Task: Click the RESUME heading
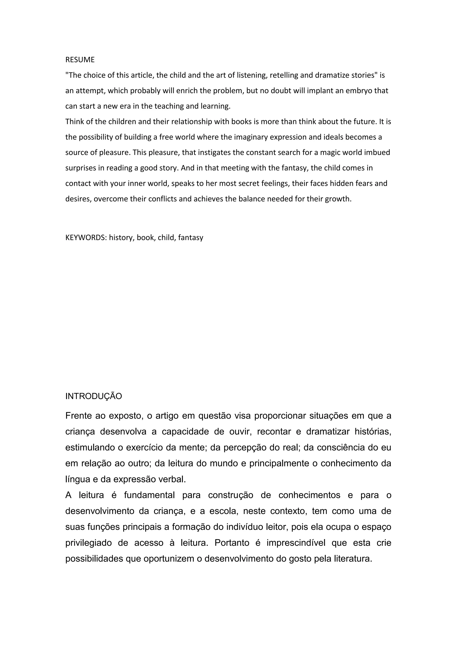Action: click(x=80, y=60)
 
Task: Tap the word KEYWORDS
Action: click(x=85, y=238)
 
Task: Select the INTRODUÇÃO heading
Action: click(x=93, y=396)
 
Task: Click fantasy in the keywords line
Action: click(x=191, y=238)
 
